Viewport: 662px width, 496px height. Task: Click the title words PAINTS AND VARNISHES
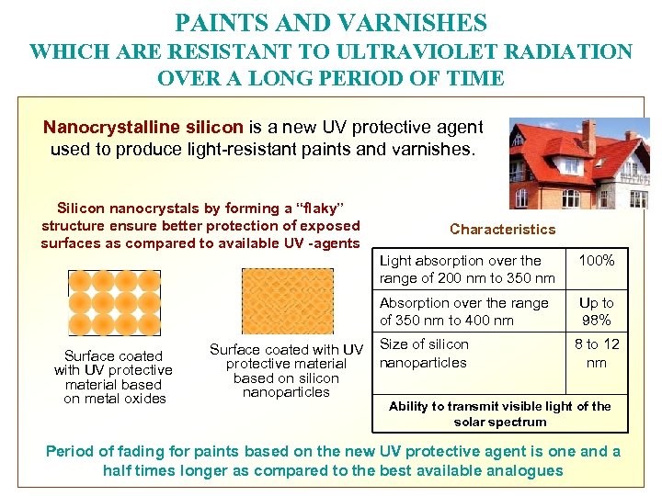click(331, 22)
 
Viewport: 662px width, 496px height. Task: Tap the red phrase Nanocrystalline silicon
click(143, 127)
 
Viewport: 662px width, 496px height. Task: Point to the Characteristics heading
click(502, 230)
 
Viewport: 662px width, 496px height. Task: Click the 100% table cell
click(597, 261)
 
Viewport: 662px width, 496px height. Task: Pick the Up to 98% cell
click(597, 311)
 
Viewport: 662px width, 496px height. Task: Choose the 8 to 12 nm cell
click(597, 353)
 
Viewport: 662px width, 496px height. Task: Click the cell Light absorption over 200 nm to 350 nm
click(467, 269)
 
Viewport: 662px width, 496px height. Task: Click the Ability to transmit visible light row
click(499, 413)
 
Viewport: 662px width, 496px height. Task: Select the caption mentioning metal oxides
click(114, 378)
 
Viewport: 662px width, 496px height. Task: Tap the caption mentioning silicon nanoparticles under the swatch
click(286, 371)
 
